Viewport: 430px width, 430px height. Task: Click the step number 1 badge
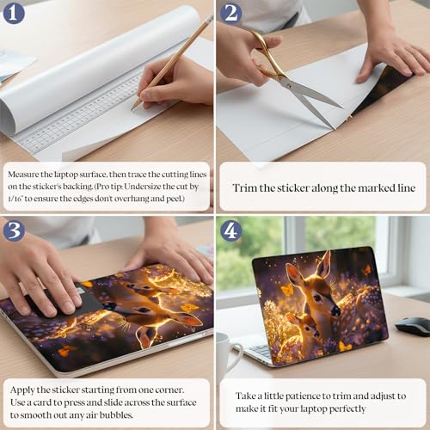(x=14, y=14)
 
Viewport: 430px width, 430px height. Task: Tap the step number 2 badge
(x=230, y=14)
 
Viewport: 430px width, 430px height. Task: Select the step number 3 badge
(x=14, y=230)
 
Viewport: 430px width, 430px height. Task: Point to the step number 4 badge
(x=230, y=230)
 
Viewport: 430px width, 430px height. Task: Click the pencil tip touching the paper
(x=132, y=109)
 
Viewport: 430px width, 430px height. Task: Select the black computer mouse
(x=413, y=326)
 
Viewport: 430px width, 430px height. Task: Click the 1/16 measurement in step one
(x=15, y=199)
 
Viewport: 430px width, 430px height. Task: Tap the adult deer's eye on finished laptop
(x=318, y=298)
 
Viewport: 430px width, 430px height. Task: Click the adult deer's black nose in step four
(x=335, y=311)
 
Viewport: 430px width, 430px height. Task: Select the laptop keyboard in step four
(x=260, y=350)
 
